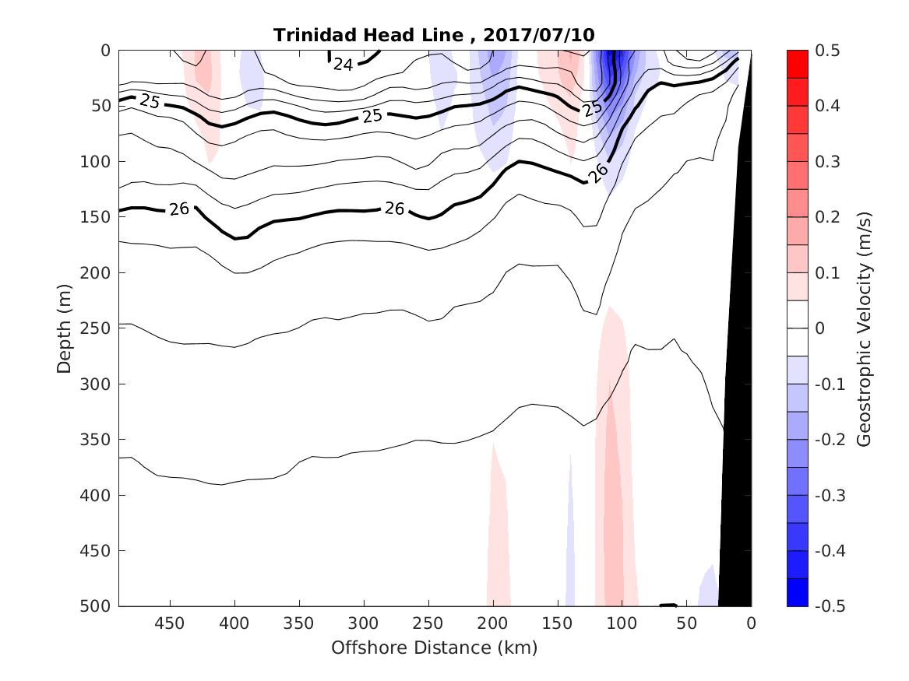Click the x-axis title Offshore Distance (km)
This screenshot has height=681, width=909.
pyautogui.click(x=434, y=648)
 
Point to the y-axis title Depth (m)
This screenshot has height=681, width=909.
pyautogui.click(x=65, y=328)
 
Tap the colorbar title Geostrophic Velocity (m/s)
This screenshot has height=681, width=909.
pyautogui.click(x=862, y=328)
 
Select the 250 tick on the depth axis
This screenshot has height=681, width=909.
pyautogui.click(x=97, y=328)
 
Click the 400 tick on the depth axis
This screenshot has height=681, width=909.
pyautogui.click(x=97, y=495)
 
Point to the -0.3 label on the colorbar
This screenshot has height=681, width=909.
pyautogui.click(x=828, y=495)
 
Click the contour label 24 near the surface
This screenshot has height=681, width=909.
pyautogui.click(x=344, y=65)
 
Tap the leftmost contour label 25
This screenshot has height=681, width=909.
pyautogui.click(x=150, y=101)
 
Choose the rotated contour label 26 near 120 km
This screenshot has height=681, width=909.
pyautogui.click(x=597, y=174)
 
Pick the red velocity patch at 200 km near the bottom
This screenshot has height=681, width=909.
pyautogui.click(x=499, y=545)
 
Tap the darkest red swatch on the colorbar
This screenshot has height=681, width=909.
pyautogui.click(x=797, y=64)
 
